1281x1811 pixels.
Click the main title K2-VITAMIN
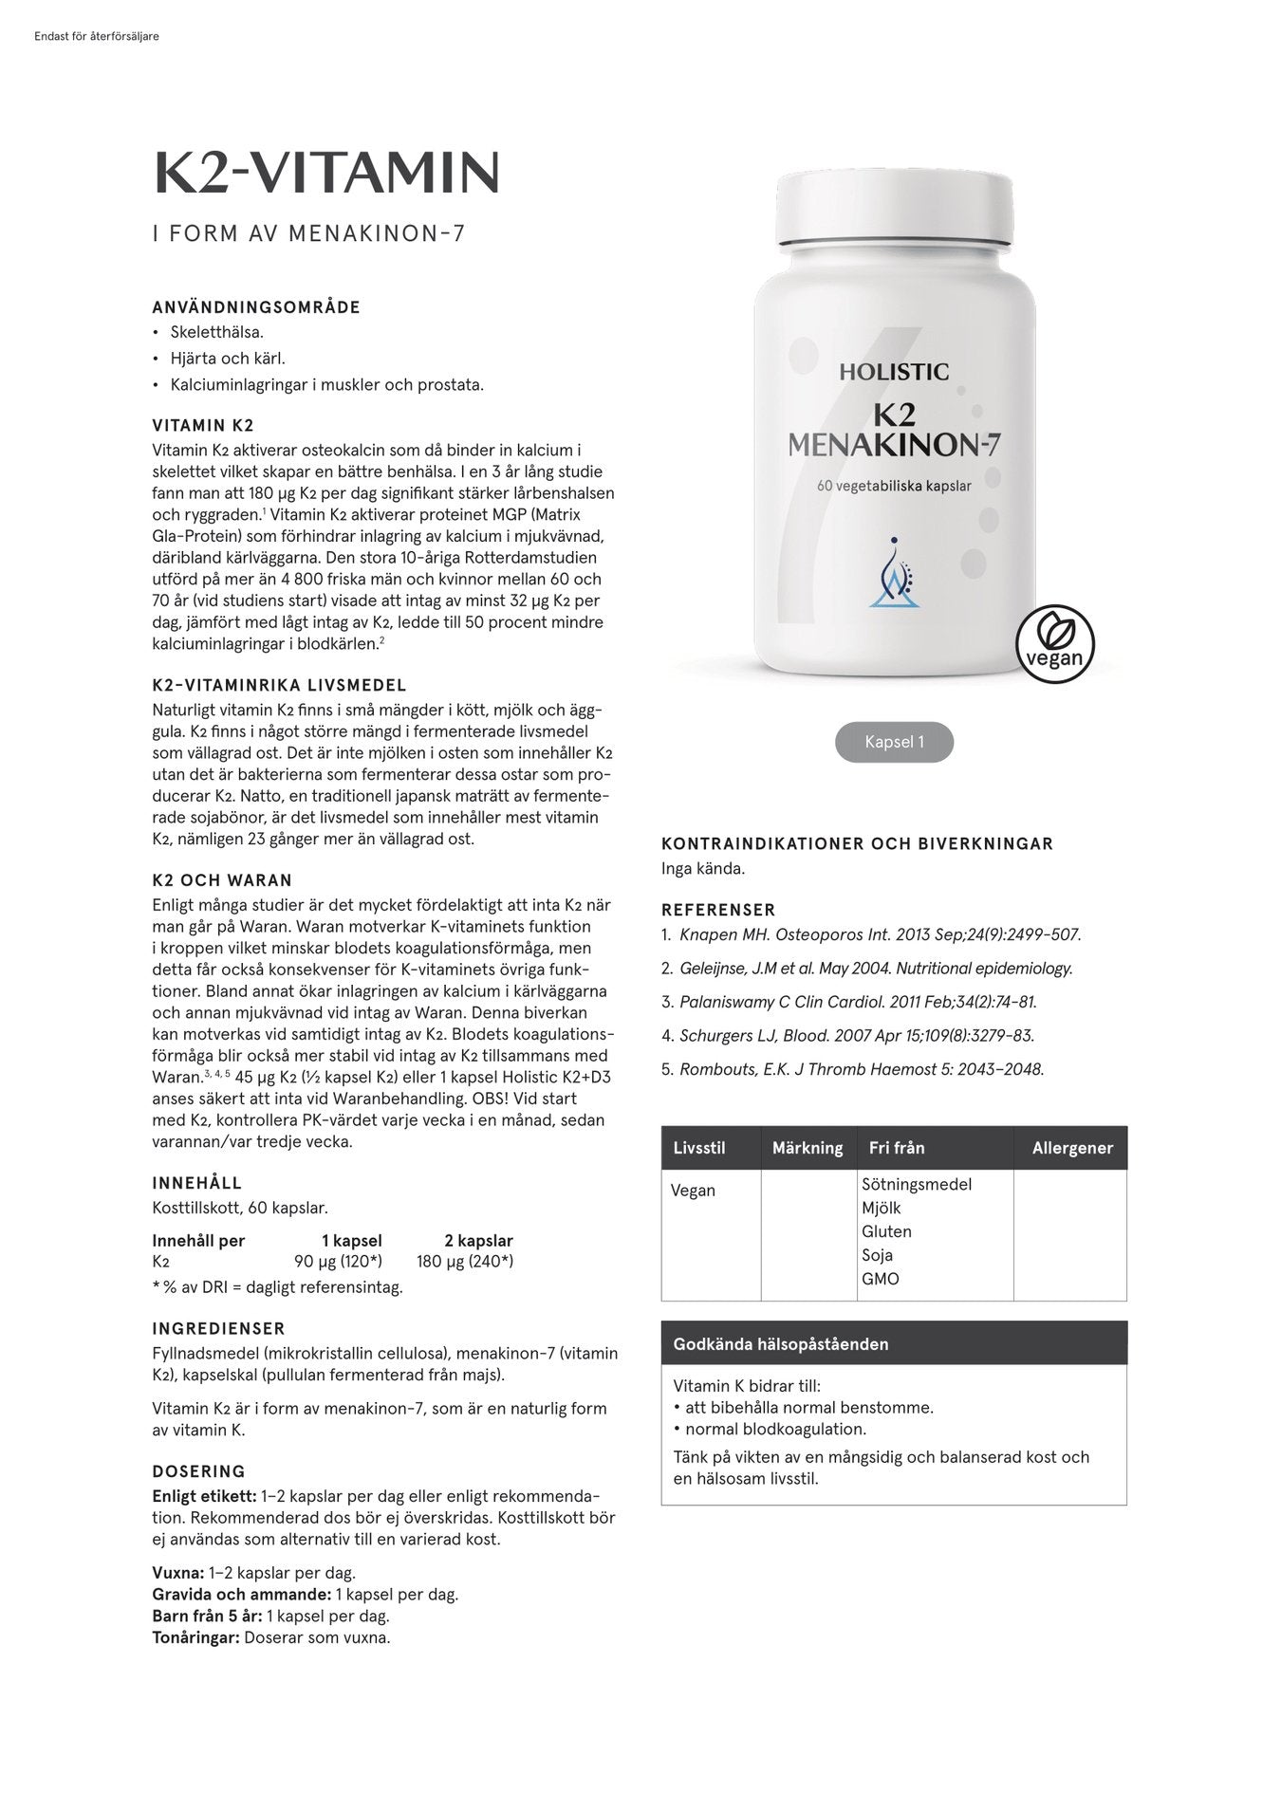(326, 173)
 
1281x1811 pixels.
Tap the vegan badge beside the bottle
(1054, 643)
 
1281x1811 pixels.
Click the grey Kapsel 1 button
(894, 742)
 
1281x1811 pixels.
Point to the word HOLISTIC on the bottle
(893, 372)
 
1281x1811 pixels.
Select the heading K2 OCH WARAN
(222, 880)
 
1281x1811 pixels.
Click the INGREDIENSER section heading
(218, 1329)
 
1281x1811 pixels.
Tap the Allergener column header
(1072, 1148)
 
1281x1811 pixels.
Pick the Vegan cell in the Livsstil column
(693, 1191)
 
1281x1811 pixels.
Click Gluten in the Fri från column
(886, 1231)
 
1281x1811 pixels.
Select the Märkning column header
(808, 1148)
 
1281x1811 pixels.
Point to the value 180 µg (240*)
(465, 1262)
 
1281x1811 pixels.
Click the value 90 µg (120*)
(338, 1262)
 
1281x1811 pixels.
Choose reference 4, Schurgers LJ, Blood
(856, 1036)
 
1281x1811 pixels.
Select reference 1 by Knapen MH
(880, 934)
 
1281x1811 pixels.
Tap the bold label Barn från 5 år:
(207, 1616)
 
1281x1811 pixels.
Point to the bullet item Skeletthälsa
(217, 333)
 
